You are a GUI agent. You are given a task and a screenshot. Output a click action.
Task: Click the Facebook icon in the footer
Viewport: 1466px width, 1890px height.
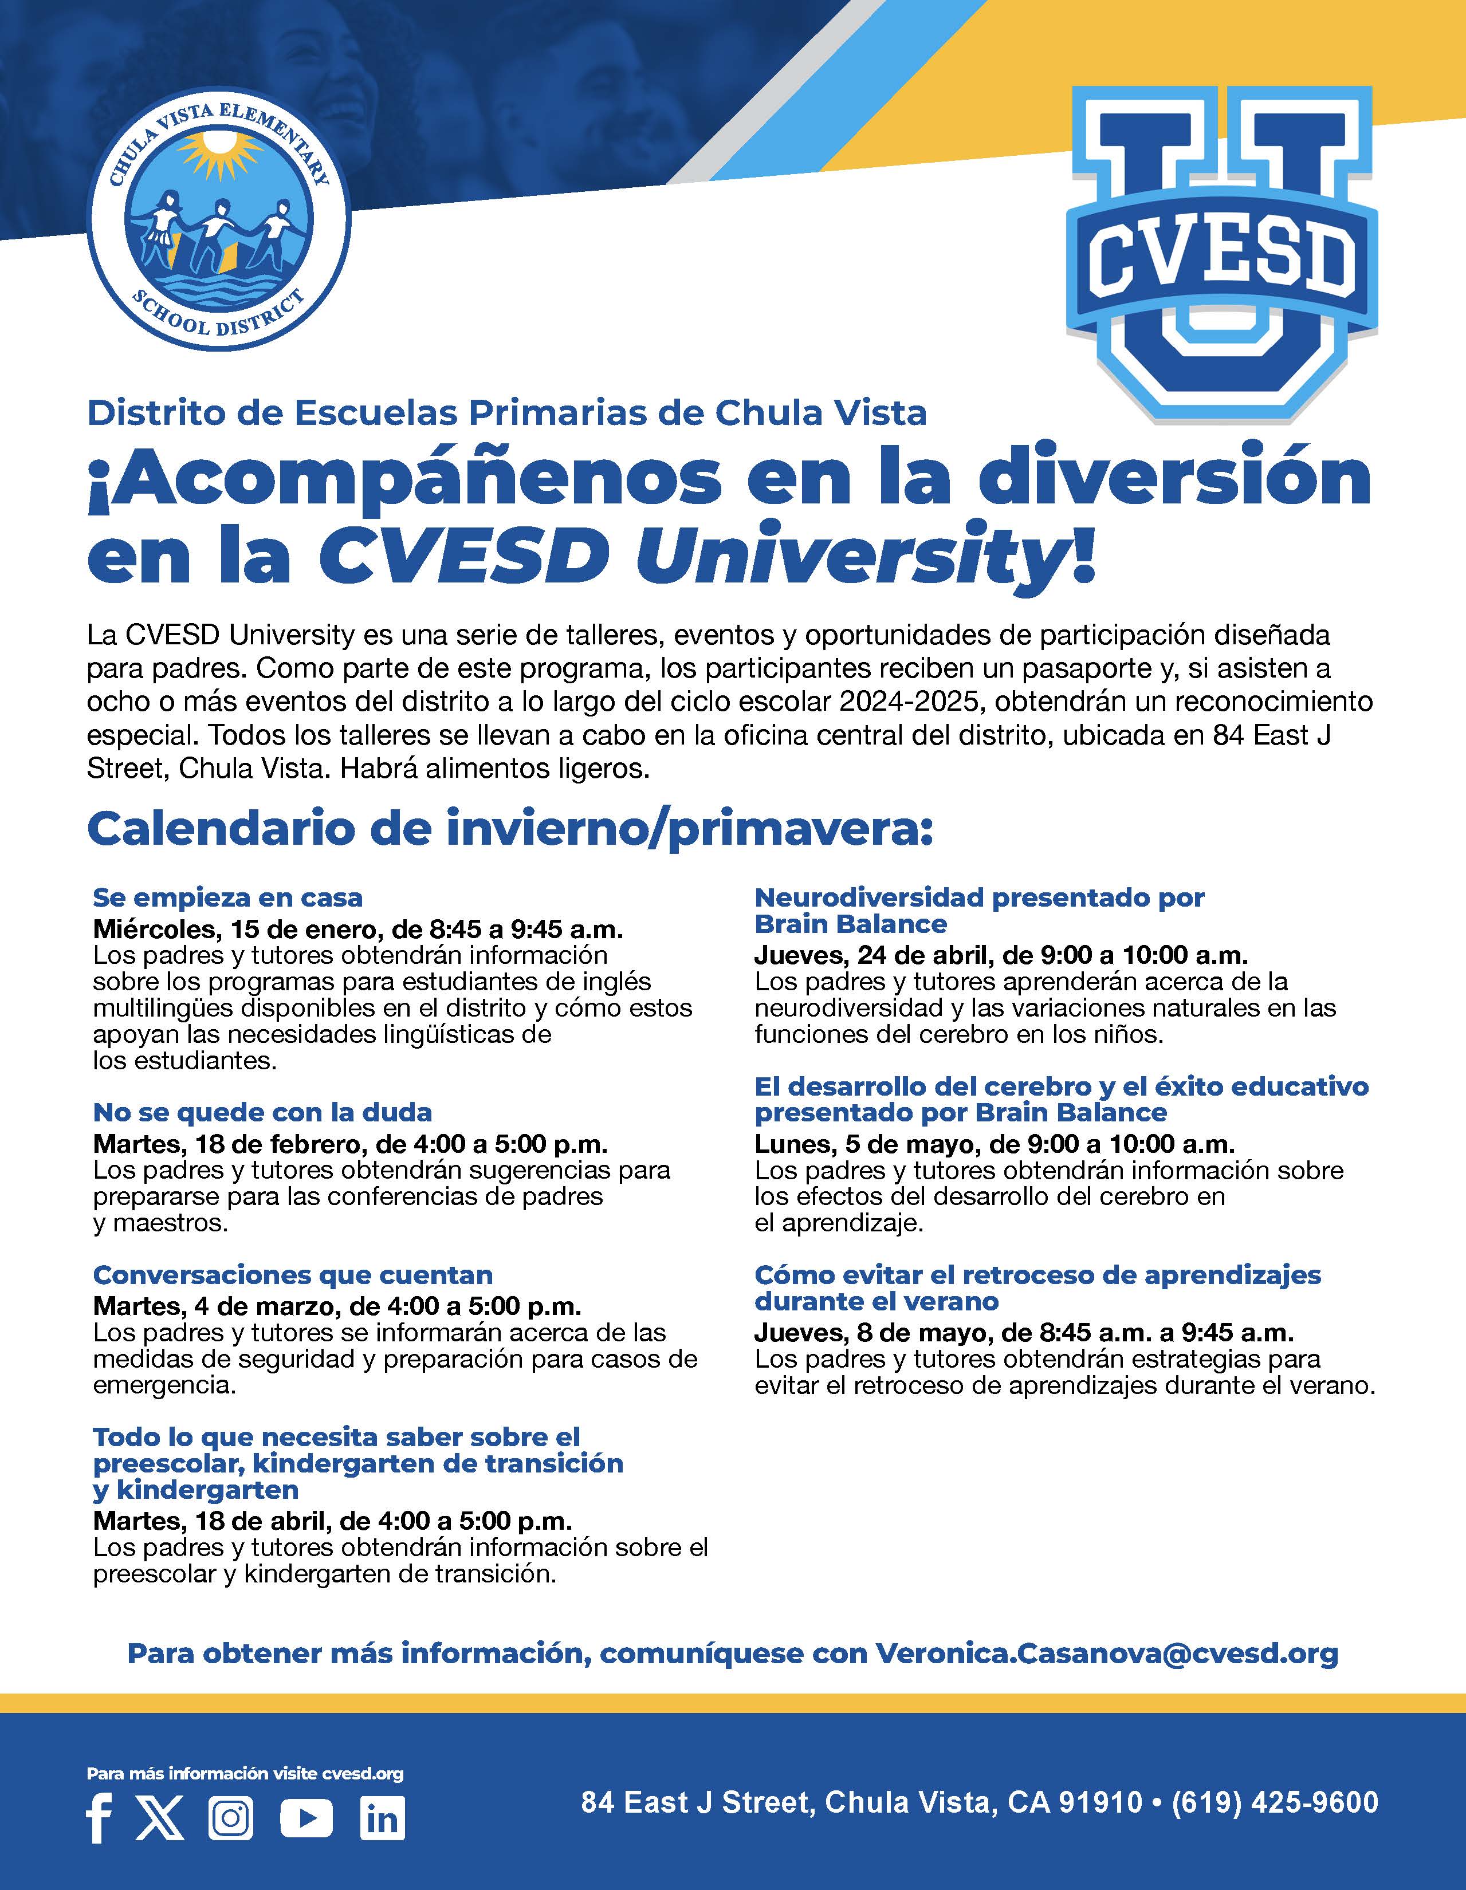100,1818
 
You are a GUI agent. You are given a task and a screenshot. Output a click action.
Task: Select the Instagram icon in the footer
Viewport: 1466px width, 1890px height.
231,1818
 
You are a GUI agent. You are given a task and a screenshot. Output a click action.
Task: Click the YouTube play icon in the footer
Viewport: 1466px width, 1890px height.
306,1818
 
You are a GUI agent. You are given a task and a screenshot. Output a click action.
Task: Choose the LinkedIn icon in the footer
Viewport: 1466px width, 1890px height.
382,1818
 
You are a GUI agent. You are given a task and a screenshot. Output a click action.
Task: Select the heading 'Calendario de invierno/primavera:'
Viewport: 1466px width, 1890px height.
510,828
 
